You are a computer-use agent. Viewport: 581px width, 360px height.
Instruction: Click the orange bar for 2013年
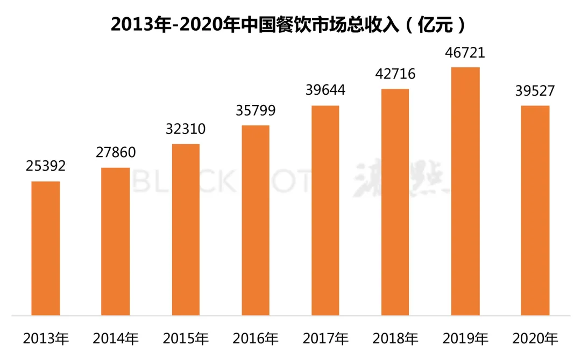46,248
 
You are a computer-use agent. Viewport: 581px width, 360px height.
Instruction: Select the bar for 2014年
116,241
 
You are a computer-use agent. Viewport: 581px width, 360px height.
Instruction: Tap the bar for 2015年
186,230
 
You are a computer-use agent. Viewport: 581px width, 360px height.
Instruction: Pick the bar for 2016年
256,220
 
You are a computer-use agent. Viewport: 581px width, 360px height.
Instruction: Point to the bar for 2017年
325,210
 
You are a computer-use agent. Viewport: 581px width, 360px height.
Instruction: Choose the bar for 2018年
395,202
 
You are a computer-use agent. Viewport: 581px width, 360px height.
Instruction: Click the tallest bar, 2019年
465,191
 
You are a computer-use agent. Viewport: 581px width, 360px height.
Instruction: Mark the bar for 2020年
535,210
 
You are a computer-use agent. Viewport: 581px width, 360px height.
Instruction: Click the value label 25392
46,166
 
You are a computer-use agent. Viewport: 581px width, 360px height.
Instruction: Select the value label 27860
116,152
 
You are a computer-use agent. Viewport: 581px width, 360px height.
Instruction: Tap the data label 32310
186,129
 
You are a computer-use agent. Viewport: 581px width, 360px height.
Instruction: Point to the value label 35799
256,110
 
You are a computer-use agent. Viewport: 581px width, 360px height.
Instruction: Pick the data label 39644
325,90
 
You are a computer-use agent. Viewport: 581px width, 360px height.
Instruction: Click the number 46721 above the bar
465,53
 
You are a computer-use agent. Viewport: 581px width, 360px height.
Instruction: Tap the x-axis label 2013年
46,339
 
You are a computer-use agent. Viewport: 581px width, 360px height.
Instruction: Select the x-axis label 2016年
256,339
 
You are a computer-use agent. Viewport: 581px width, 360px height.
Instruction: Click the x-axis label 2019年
465,339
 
